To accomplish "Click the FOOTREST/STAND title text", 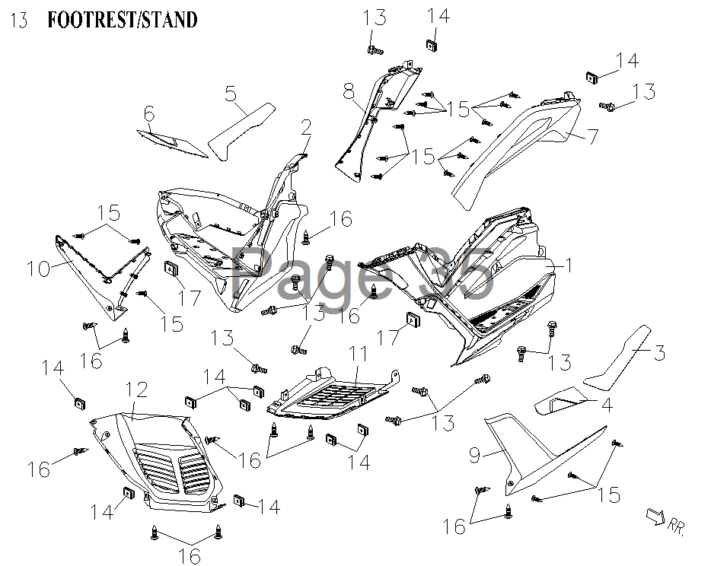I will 123,20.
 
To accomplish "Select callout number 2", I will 306,126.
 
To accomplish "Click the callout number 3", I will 660,352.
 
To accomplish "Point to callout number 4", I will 606,405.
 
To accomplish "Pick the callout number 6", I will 149,114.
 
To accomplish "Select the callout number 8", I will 349,94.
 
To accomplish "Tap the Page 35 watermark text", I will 362,275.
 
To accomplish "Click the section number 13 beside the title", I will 21,21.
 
